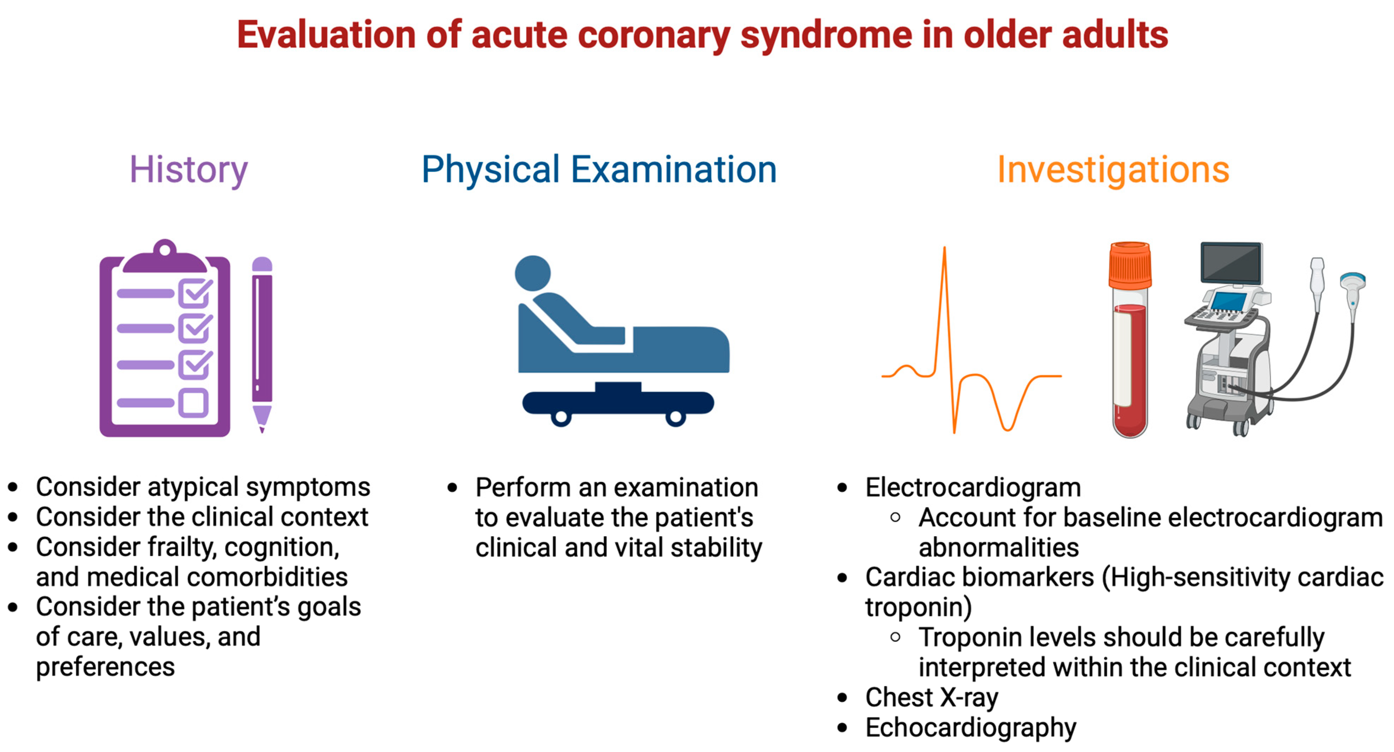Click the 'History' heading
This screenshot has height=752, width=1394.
[188, 170]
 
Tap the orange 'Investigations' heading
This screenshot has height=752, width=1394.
[1113, 170]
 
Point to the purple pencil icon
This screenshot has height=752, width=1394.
[262, 344]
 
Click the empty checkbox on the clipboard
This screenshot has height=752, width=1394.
[193, 403]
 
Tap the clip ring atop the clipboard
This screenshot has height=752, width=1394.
[165, 249]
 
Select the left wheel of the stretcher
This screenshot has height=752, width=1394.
[561, 417]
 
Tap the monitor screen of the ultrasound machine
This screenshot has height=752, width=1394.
[1231, 263]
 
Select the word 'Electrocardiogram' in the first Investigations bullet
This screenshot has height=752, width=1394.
[973, 487]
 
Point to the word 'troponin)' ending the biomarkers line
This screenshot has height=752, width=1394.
[918, 608]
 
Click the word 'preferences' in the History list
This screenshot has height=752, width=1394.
[106, 668]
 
